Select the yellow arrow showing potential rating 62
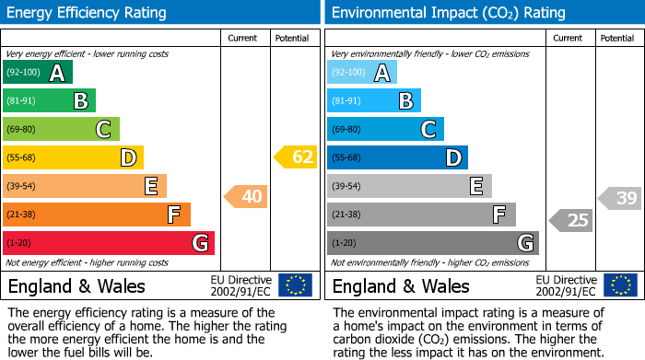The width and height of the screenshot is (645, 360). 296,157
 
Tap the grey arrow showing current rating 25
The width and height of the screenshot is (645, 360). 571,220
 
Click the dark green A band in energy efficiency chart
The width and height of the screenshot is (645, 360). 37,73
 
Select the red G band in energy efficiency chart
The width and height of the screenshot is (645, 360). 108,243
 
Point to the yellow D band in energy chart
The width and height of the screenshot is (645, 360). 73,157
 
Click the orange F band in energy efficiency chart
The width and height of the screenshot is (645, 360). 96,215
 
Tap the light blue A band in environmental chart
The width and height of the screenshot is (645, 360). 361,73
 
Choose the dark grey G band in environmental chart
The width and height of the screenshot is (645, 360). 432,243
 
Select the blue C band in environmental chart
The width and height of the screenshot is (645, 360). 385,130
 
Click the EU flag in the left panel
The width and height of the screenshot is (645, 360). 295,285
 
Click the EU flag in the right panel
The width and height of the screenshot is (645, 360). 619,285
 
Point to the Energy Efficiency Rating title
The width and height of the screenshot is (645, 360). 88,13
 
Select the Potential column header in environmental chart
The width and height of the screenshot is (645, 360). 616,38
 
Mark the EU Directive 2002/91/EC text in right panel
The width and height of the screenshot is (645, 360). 565,285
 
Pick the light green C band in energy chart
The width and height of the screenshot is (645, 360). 61,130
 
